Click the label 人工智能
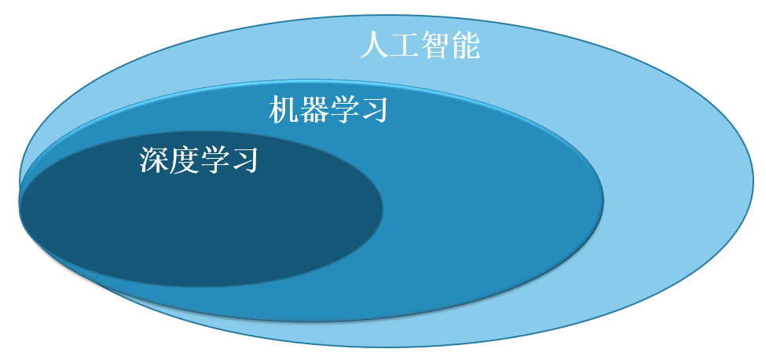click(x=420, y=46)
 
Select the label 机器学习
click(x=328, y=110)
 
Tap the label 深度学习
click(x=198, y=160)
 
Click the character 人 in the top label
click(x=375, y=46)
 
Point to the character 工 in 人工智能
click(x=405, y=46)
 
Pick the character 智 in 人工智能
click(x=434, y=46)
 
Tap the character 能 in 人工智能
click(x=465, y=46)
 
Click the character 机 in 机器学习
click(x=284, y=110)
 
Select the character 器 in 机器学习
click(x=313, y=110)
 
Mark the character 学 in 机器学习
click(x=343, y=110)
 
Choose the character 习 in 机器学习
click(x=374, y=110)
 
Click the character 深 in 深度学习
click(x=154, y=160)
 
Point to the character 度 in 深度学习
click(x=184, y=160)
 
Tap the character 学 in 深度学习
click(x=214, y=160)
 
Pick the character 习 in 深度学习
click(x=244, y=160)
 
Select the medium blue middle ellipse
click(x=489, y=205)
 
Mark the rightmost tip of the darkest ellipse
click(x=383, y=208)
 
